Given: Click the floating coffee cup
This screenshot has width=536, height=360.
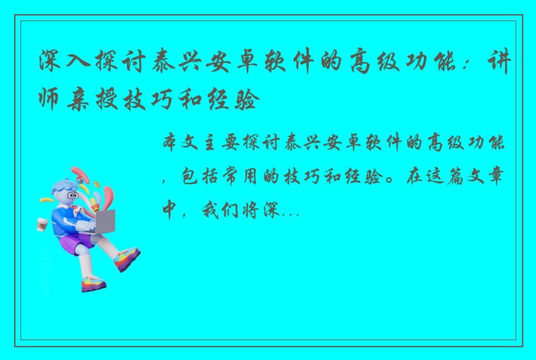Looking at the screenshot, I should point(42,224).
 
